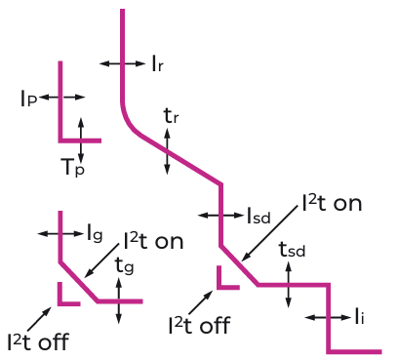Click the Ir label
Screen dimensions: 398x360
coord(158,63)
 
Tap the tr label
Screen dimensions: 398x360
coord(171,116)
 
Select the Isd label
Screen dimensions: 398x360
coord(259,216)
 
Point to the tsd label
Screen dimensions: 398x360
coord(292,250)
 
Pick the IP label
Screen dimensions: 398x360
coord(28,99)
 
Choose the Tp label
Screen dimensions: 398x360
coord(73,167)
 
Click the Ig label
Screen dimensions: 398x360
coord(95,233)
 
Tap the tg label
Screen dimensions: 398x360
coord(125,265)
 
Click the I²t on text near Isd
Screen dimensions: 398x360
coord(332,204)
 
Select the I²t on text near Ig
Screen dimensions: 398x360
coord(153,241)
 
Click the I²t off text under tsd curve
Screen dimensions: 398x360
coord(199,325)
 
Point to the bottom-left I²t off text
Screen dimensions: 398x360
coord(38,341)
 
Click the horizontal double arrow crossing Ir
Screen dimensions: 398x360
coord(122,63)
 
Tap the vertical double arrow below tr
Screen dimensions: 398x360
coord(167,151)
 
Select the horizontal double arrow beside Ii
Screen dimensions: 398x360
coord(329,317)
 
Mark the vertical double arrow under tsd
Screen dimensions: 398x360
coord(288,284)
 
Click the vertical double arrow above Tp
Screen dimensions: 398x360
coord(81,140)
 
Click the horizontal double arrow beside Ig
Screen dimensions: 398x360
coord(60,233)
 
